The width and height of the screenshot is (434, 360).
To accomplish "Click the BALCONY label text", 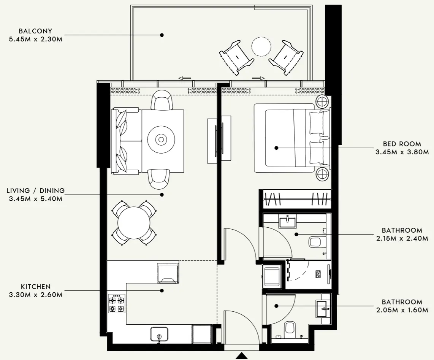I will [35, 31].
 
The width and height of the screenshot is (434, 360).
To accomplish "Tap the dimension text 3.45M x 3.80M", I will [402, 152].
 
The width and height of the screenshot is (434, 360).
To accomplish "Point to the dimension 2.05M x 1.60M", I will [402, 310].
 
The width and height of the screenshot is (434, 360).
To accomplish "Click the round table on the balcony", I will [261, 47].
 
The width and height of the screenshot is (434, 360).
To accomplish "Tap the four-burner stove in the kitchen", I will [117, 303].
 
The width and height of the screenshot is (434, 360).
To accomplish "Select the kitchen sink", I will [159, 334].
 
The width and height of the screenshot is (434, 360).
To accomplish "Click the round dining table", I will [133, 223].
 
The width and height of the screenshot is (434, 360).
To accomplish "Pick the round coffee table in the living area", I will [161, 140].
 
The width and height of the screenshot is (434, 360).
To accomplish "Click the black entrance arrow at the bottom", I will [242, 356].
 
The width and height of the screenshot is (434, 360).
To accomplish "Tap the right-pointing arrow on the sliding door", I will [258, 78].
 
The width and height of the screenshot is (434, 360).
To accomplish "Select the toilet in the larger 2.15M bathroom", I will [316, 241].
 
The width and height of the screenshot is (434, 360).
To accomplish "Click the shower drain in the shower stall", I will [318, 274].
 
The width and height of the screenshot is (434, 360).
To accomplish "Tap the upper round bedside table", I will [322, 102].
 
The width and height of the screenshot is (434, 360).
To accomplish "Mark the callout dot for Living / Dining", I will [162, 195].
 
